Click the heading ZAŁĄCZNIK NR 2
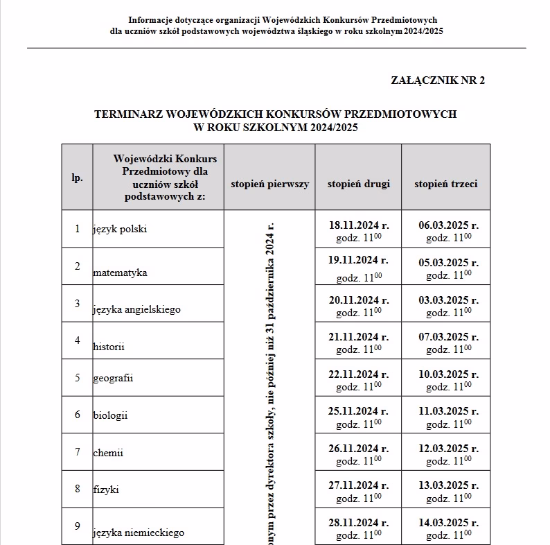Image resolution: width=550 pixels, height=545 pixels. (x=438, y=80)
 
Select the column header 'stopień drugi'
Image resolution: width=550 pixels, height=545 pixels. (x=358, y=184)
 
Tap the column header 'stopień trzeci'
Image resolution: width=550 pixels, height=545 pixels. (x=445, y=184)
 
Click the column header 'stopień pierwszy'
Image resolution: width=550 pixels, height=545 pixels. (x=269, y=184)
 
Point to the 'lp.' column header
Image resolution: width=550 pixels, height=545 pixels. (x=77, y=178)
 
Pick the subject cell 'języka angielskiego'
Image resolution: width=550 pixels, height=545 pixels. (x=136, y=309)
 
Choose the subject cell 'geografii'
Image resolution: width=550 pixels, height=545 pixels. (x=113, y=378)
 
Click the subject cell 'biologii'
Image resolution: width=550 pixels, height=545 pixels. (x=110, y=415)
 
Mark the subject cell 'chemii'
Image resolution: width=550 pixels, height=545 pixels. (x=108, y=453)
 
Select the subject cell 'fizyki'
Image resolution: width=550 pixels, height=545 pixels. (x=106, y=490)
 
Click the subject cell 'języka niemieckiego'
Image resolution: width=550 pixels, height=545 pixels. (x=139, y=533)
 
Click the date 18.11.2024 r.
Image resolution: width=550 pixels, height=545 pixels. (x=358, y=225)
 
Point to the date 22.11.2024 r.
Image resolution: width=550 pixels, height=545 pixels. (x=358, y=373)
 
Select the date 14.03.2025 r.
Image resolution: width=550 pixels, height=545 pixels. (x=448, y=523)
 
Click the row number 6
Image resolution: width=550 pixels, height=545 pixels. (x=77, y=415)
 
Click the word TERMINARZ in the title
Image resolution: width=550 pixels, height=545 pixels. (x=130, y=114)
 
